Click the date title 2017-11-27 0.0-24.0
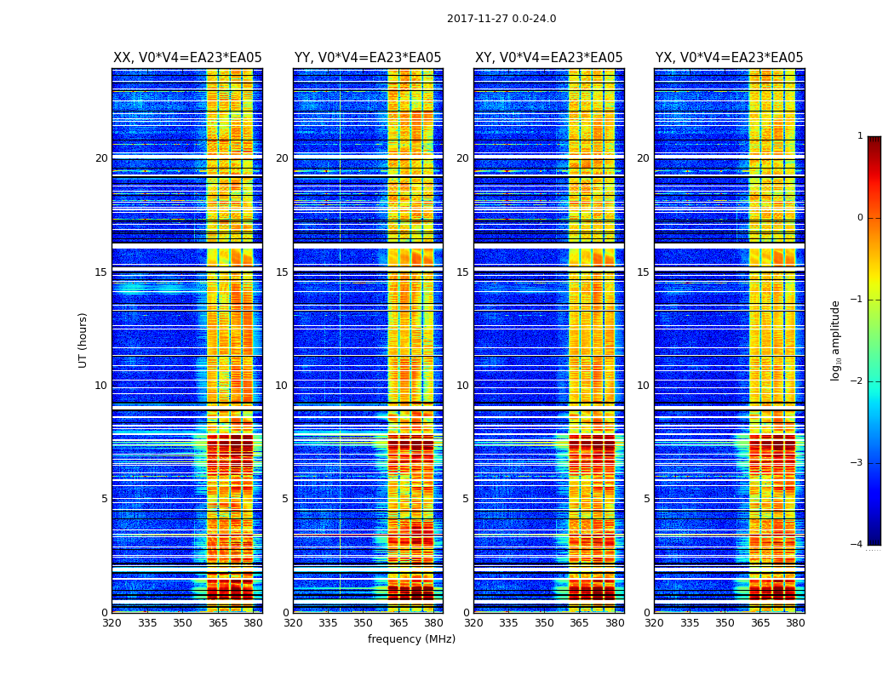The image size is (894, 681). (x=501, y=19)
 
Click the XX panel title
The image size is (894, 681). (x=187, y=58)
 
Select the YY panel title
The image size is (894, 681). (x=368, y=58)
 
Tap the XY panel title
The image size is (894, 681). (x=548, y=58)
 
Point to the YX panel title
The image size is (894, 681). (x=729, y=58)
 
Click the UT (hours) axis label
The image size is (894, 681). (x=83, y=340)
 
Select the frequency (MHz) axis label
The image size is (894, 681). (x=411, y=639)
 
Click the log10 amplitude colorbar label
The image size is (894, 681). (x=836, y=340)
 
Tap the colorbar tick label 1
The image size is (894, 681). (x=860, y=136)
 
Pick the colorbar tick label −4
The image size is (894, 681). (x=857, y=545)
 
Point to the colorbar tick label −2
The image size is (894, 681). (x=857, y=381)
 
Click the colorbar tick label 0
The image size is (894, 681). (x=860, y=218)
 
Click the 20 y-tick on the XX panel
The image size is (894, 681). (x=101, y=158)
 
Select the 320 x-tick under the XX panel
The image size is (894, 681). (x=112, y=623)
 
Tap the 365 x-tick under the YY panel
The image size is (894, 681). (x=398, y=623)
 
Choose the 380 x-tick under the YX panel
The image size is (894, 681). (x=795, y=623)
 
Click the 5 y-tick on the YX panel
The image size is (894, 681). (x=646, y=499)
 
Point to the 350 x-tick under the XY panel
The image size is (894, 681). (x=544, y=623)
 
